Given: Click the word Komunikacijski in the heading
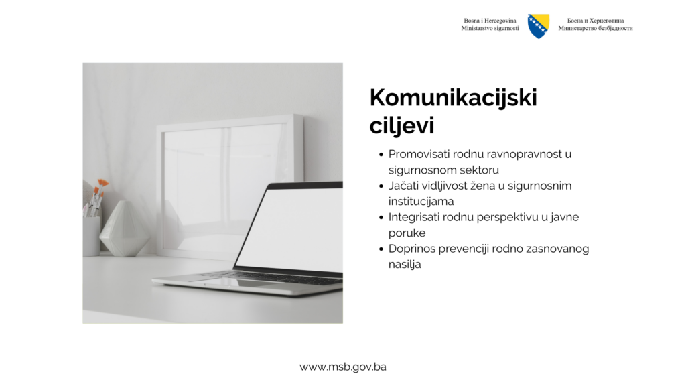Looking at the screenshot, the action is pyautogui.click(x=453, y=98).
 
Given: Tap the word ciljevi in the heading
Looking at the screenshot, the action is pyautogui.click(x=402, y=125).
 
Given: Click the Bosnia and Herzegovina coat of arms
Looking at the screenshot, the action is pyautogui.click(x=538, y=26).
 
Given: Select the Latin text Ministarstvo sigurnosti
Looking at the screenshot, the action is pyautogui.click(x=490, y=28).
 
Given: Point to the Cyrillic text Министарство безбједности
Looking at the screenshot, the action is pyautogui.click(x=596, y=28).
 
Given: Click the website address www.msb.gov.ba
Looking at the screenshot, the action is pyautogui.click(x=342, y=367).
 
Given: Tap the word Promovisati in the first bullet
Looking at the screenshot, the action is pyautogui.click(x=419, y=155).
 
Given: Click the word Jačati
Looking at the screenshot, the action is pyautogui.click(x=402, y=186).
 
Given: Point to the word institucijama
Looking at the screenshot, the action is pyautogui.click(x=421, y=202).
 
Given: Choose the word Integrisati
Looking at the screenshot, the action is pyautogui.click(x=414, y=218).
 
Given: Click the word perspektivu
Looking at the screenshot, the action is pyautogui.click(x=508, y=218).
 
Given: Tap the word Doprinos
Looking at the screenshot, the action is pyautogui.click(x=411, y=249).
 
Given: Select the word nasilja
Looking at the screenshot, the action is pyautogui.click(x=405, y=265).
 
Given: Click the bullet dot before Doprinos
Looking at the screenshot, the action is pyautogui.click(x=381, y=249).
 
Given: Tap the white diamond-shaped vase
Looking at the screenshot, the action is pyautogui.click(x=124, y=229).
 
